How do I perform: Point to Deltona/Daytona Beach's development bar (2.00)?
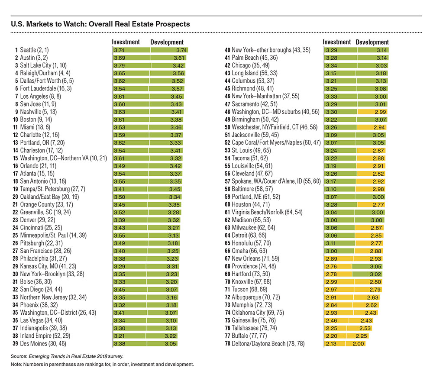355,343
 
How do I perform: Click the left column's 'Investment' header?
126,42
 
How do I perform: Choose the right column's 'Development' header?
372,42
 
